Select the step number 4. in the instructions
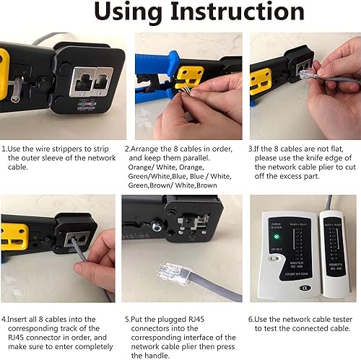pos(4,317)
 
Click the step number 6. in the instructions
pos(252,317)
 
